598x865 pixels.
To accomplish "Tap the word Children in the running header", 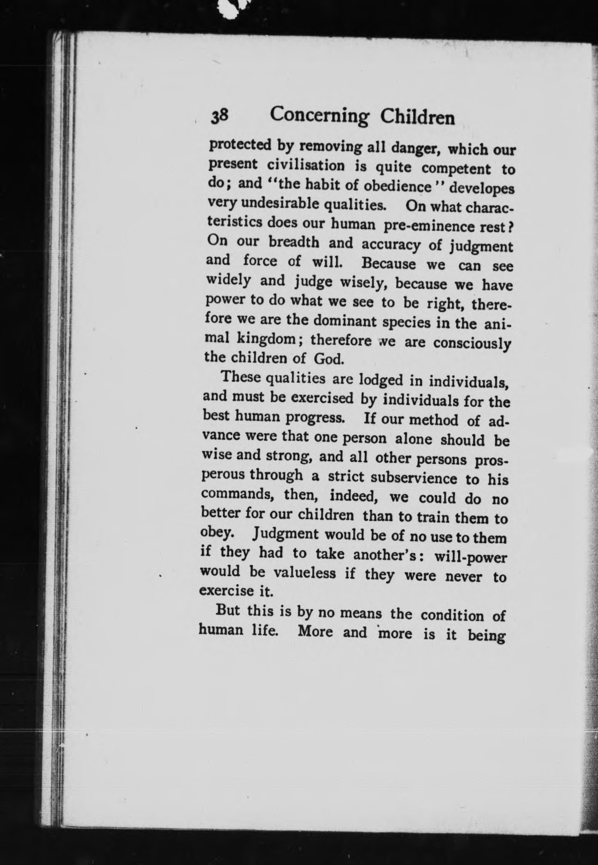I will [417, 118].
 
